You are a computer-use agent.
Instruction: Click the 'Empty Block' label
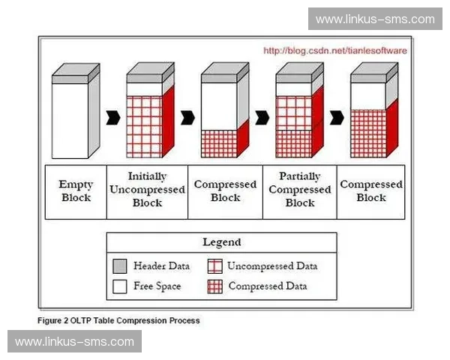point(75,190)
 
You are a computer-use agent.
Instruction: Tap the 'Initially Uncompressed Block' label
point(147,190)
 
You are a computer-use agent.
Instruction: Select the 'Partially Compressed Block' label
point(300,190)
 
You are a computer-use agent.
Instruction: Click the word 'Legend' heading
point(222,242)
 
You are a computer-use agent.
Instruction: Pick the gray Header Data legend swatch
point(118,266)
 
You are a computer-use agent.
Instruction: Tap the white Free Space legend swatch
point(118,286)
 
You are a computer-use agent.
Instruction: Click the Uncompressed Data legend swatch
point(214,266)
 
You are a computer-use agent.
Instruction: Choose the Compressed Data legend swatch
point(214,286)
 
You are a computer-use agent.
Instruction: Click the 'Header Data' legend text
point(161,266)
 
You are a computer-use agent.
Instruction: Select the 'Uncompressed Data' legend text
point(272,266)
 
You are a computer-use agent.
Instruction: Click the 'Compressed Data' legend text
point(268,286)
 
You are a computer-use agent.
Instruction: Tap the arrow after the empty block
point(113,117)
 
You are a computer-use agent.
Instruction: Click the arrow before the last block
point(337,117)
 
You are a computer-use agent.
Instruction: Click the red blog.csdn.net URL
point(335,51)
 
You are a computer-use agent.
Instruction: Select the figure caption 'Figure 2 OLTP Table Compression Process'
point(118,320)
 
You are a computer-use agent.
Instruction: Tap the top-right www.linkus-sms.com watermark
point(375,19)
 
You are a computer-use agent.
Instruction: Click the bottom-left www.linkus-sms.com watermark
point(74,342)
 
